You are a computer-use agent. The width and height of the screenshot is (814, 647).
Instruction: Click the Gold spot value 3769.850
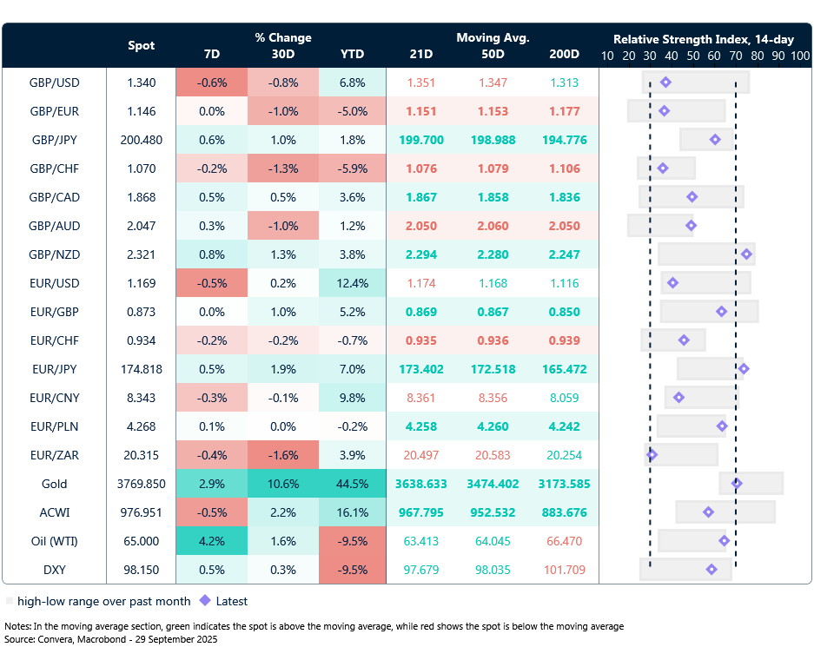tap(142, 484)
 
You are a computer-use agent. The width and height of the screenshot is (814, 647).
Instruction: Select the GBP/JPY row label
tap(54, 140)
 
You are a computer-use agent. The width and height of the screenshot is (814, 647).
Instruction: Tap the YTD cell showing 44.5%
tap(352, 484)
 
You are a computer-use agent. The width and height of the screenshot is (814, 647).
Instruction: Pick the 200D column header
tap(564, 54)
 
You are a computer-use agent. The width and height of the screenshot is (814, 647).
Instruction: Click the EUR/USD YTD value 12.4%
tap(352, 283)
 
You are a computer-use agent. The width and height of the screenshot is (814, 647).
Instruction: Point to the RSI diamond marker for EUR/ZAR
tap(652, 455)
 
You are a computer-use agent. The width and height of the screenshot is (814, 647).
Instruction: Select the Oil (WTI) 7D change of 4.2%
tap(211, 541)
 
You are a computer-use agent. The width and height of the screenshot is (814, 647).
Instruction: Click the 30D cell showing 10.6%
tap(282, 484)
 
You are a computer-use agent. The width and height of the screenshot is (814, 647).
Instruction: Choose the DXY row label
tap(54, 570)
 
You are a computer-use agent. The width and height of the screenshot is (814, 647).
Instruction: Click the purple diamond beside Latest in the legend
tap(205, 601)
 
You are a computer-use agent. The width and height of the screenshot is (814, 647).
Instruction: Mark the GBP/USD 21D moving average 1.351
tap(422, 83)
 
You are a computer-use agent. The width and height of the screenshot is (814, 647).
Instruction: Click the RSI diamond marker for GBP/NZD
tap(746, 254)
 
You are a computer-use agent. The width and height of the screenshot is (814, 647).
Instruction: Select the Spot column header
tap(142, 45)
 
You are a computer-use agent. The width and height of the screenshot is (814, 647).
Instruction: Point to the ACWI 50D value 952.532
tap(493, 512)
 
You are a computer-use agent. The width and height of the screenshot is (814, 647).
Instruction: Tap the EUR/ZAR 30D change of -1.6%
tap(282, 455)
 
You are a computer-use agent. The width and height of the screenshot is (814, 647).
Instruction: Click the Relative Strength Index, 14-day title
tap(704, 39)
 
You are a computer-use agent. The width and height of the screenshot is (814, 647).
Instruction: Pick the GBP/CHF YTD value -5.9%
tap(352, 168)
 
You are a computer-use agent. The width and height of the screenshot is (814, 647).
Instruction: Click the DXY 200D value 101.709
tap(564, 570)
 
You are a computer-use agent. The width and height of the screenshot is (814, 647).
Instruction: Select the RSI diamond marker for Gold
tap(737, 484)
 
